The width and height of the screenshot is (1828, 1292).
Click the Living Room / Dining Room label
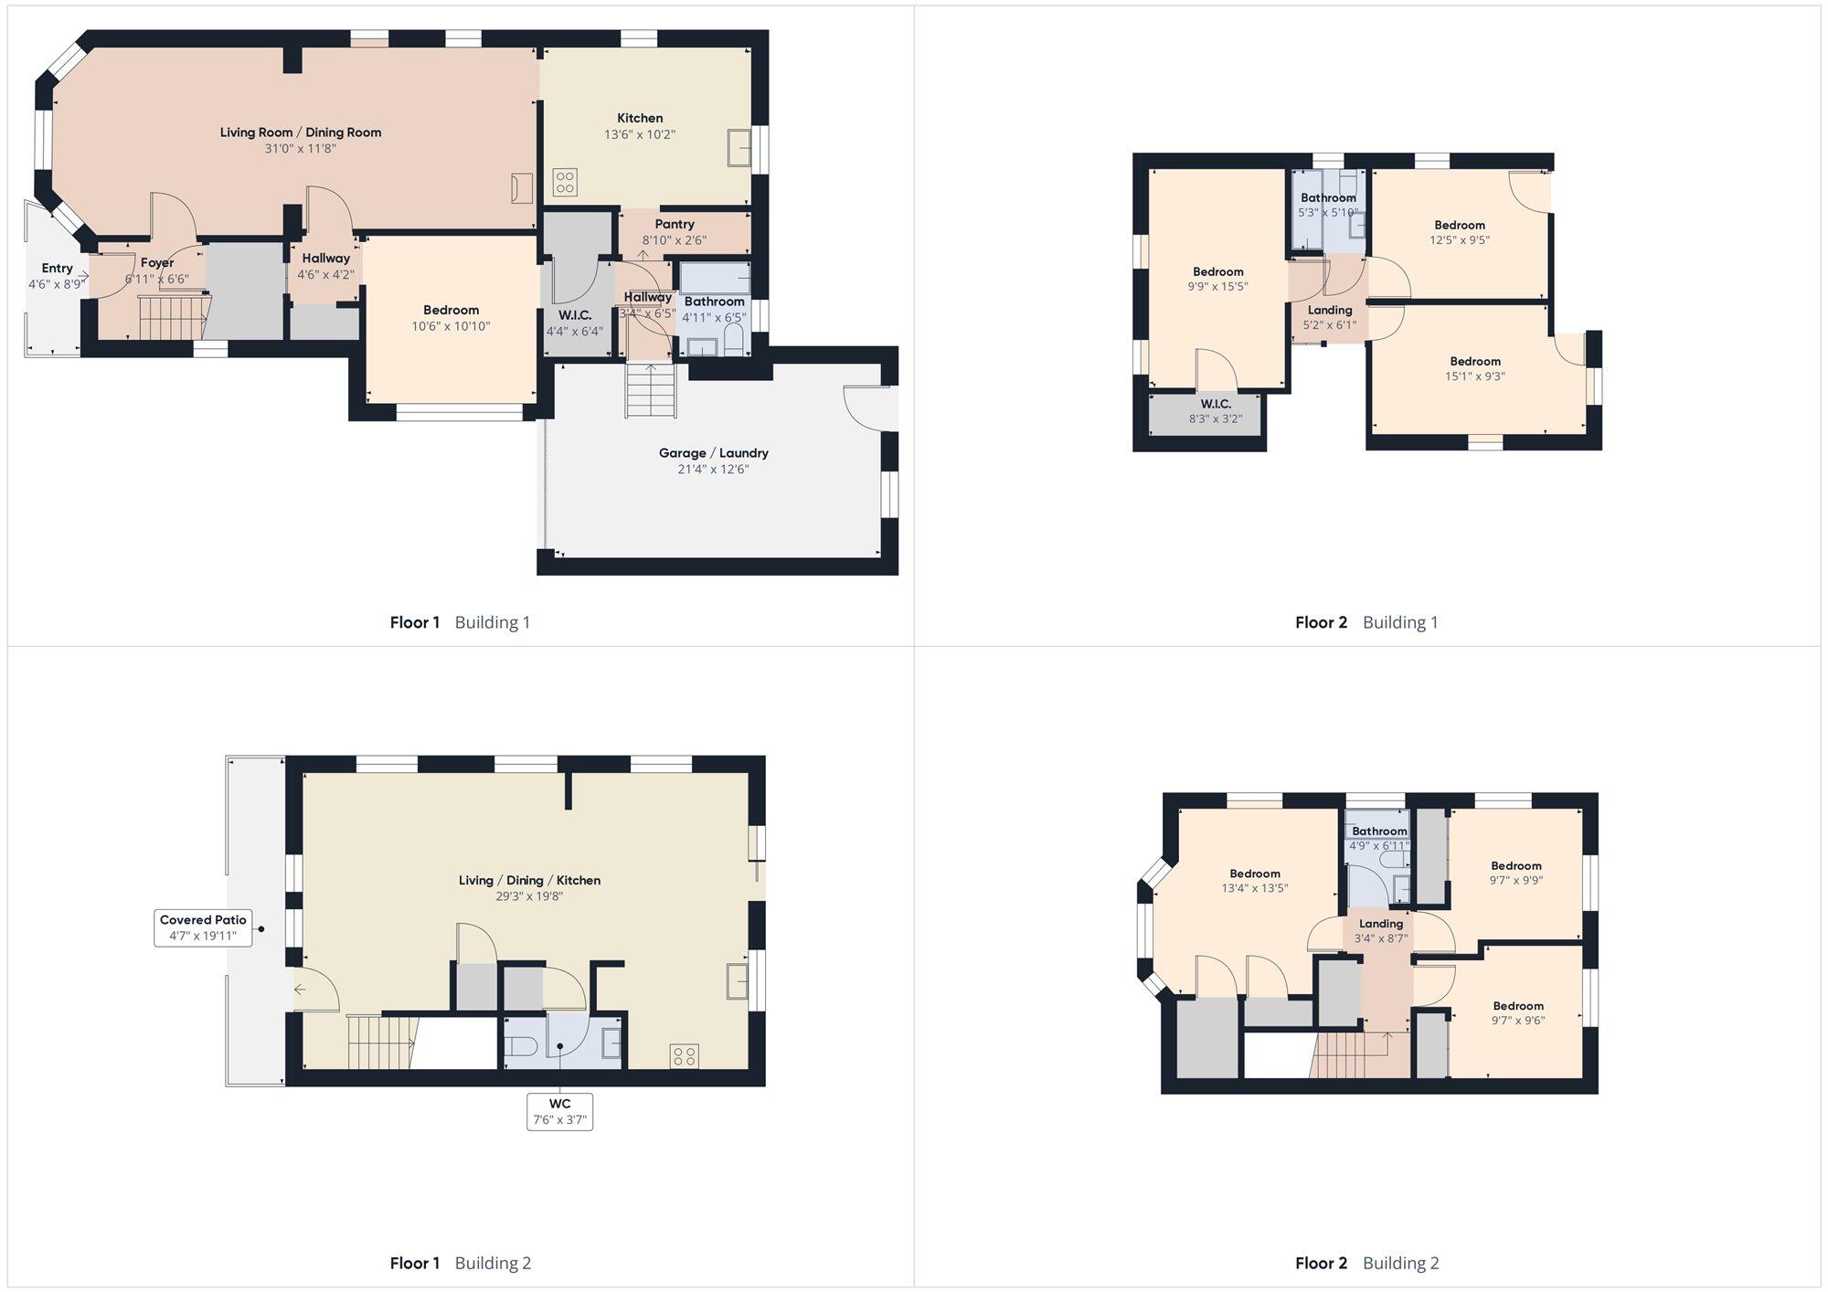(x=301, y=132)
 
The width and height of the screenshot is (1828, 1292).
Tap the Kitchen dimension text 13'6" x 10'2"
(x=640, y=134)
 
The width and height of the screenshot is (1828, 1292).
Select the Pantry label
(x=675, y=224)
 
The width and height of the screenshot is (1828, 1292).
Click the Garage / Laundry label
(x=714, y=453)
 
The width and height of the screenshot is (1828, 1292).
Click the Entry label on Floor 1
(x=57, y=268)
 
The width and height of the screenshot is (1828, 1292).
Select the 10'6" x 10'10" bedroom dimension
(x=451, y=326)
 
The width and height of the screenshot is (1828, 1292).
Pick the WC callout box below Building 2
(x=559, y=1111)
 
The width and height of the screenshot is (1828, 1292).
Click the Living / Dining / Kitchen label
(x=529, y=881)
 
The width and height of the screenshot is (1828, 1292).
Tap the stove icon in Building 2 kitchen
(x=685, y=1056)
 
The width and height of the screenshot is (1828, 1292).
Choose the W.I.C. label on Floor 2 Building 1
(x=1216, y=404)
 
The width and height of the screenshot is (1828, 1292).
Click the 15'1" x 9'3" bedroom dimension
(x=1475, y=376)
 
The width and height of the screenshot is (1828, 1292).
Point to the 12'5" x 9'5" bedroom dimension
(x=1460, y=240)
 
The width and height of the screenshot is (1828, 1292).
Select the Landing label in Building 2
(x=1380, y=924)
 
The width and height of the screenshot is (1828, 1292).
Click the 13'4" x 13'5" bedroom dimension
(x=1255, y=888)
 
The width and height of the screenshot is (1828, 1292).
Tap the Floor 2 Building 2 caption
(x=1366, y=1264)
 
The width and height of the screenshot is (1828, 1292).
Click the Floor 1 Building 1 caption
(x=460, y=622)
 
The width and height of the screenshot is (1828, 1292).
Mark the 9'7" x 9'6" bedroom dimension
(x=1517, y=1021)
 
